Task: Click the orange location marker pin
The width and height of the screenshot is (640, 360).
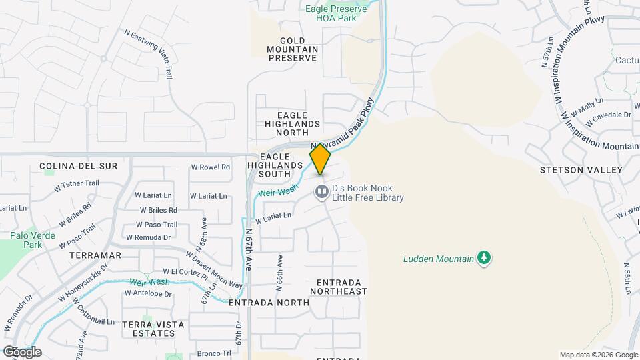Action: pyautogui.click(x=321, y=159)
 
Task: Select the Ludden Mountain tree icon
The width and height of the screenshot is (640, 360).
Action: pyautogui.click(x=485, y=258)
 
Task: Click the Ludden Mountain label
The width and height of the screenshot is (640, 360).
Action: pyautogui.click(x=438, y=258)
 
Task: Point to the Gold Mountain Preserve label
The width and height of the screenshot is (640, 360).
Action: pyautogui.click(x=293, y=49)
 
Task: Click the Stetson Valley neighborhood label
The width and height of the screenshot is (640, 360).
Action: pyautogui.click(x=581, y=170)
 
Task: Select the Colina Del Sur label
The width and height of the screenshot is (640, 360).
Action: pyautogui.click(x=78, y=166)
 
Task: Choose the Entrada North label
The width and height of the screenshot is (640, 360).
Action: pyautogui.click(x=269, y=303)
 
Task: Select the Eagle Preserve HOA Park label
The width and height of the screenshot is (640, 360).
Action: pyautogui.click(x=336, y=13)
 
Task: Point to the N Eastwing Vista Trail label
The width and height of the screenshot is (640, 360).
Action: pyautogui.click(x=149, y=55)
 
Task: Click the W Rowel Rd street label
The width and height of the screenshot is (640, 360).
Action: pyautogui.click(x=210, y=167)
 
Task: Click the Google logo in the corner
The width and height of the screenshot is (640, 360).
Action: pyautogui.click(x=22, y=352)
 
